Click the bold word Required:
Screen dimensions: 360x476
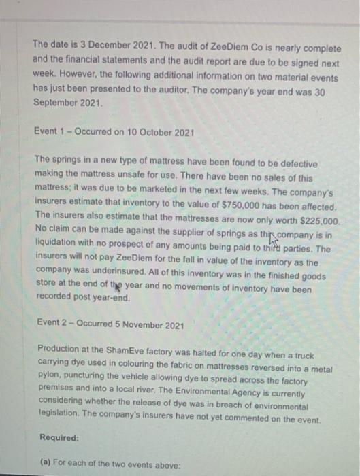59,438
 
